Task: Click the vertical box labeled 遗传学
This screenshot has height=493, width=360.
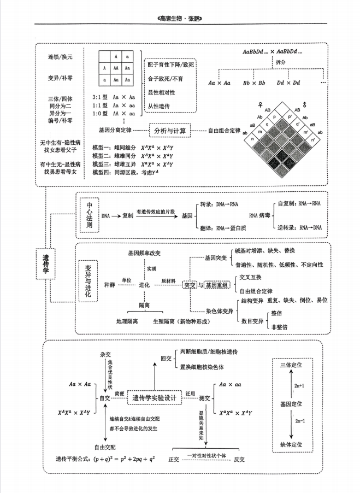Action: [x=46, y=265]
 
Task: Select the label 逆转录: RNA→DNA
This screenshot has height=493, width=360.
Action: [x=300, y=227]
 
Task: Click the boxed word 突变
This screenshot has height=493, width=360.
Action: [x=190, y=285]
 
